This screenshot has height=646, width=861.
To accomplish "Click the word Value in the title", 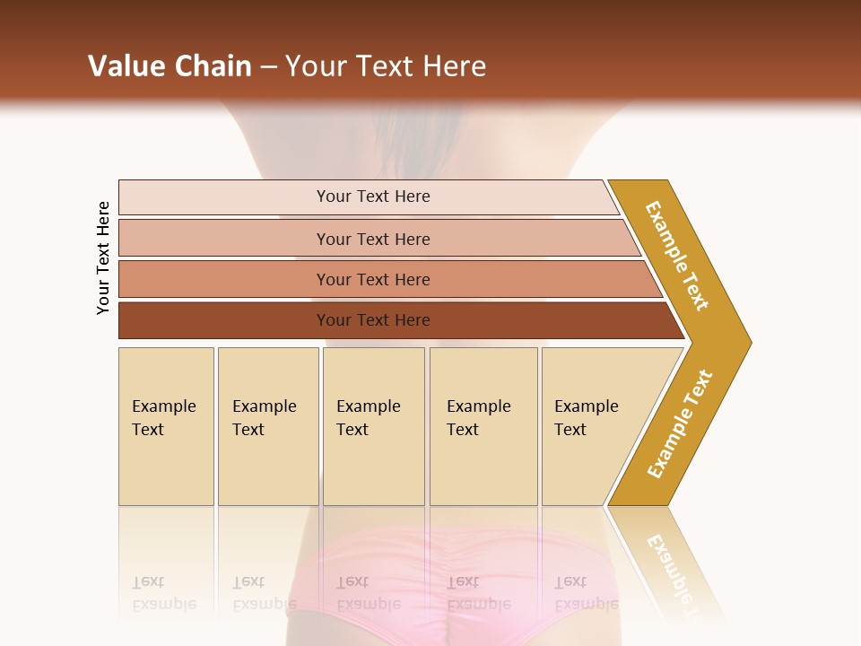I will click(x=125, y=66).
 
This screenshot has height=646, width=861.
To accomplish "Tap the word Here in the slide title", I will click(x=454, y=66).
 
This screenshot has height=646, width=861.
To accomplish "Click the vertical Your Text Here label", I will click(x=103, y=258).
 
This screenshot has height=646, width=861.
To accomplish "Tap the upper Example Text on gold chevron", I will click(x=677, y=256).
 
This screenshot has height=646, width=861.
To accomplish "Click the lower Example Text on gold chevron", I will click(x=680, y=424).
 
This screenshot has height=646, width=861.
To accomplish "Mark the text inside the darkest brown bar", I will click(x=373, y=320).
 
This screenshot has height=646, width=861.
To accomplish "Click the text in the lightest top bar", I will click(x=373, y=196).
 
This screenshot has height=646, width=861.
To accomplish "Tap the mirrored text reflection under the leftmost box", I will click(x=163, y=594).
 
